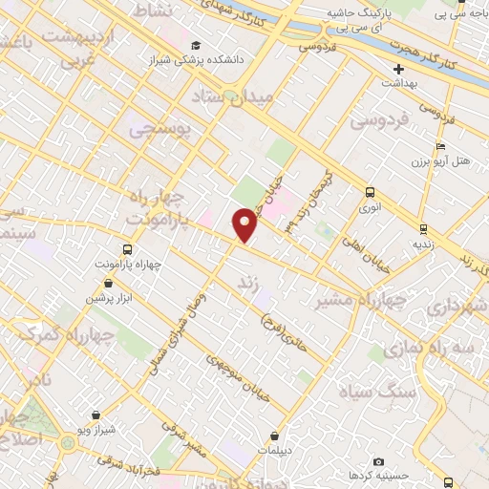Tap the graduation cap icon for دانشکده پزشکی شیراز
(196, 45)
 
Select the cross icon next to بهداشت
(399, 69)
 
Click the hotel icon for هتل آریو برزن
(439, 146)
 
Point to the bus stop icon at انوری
(370, 191)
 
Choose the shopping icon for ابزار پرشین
(107, 284)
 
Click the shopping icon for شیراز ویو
(96, 415)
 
